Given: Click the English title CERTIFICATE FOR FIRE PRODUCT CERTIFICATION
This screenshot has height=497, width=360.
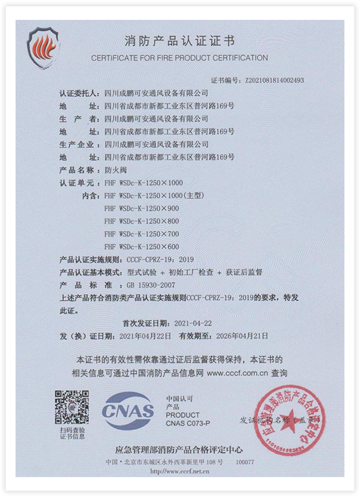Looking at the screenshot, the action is (x=180, y=58).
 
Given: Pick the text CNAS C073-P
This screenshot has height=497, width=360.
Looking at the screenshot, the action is (x=188, y=422).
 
